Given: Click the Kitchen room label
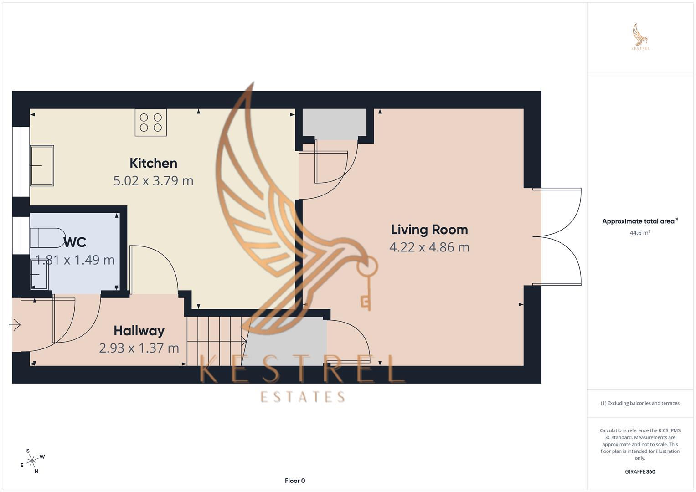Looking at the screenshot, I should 153,163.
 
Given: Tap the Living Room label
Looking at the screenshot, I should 429,230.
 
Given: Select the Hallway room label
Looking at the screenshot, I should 139,331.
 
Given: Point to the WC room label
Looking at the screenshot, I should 75,242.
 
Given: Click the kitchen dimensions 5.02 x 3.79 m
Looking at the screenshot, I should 153,181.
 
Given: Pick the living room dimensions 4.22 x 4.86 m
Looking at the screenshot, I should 429,247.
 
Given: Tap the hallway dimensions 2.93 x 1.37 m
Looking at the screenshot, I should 139,348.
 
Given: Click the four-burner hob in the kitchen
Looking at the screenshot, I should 151,123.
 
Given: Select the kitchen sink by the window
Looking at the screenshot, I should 42,165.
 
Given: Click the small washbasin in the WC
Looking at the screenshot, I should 39,276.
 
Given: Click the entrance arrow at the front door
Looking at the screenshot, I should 15,325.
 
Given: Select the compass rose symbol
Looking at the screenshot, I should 32,461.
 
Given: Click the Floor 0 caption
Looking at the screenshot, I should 295,481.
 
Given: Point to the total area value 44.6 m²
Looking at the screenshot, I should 640,233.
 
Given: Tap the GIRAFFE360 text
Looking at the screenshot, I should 640,472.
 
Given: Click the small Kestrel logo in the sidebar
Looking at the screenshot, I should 640,37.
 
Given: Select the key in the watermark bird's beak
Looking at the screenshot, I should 366,282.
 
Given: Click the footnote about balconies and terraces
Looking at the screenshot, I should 640,403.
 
